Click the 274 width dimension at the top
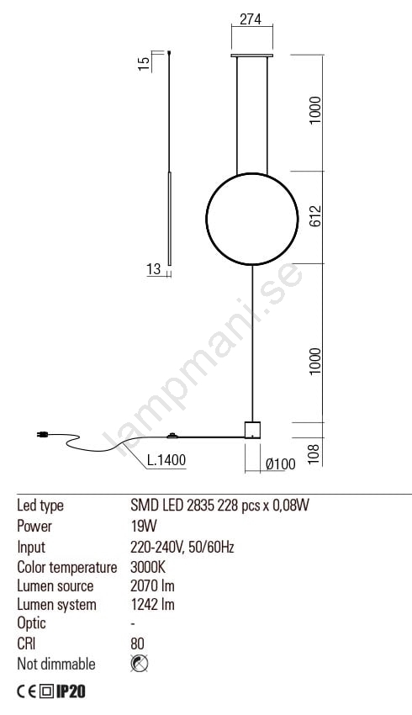pyautogui.click(x=251, y=19)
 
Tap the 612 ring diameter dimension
pyautogui.click(x=315, y=216)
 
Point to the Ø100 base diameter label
pyautogui.click(x=280, y=464)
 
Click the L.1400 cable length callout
pyautogui.click(x=166, y=460)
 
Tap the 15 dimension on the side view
pyautogui.click(x=144, y=63)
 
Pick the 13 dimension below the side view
pyautogui.click(x=154, y=269)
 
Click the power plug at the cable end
pyautogui.click(x=43, y=435)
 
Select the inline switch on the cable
pyautogui.click(x=172, y=436)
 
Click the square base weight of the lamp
pyautogui.click(x=252, y=430)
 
